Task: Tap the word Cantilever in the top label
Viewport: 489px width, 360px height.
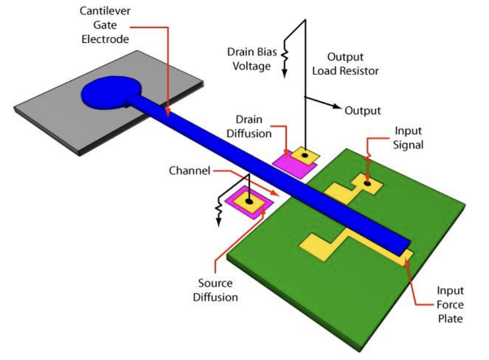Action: [105, 11]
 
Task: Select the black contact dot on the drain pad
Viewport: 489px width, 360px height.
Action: [305, 155]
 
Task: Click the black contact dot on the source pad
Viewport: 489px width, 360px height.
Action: [249, 201]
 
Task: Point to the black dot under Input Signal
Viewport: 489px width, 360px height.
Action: [368, 183]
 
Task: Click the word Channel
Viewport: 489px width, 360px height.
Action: [190, 170]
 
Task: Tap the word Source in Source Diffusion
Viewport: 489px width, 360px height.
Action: [215, 283]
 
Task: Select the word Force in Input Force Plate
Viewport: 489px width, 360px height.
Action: [450, 304]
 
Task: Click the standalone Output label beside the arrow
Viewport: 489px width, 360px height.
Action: [362, 111]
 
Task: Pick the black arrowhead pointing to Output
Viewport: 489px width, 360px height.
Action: [337, 106]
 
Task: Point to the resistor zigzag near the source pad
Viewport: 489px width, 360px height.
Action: [219, 209]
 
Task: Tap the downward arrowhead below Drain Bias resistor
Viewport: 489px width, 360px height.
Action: [285, 74]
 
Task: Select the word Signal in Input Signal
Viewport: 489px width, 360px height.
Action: [408, 145]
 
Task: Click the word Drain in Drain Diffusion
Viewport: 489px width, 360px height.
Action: [249, 120]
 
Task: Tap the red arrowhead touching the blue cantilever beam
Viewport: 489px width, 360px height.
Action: [168, 112]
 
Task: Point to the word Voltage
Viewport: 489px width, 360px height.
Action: [251, 66]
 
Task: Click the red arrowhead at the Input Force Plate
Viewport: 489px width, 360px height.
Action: [406, 262]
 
